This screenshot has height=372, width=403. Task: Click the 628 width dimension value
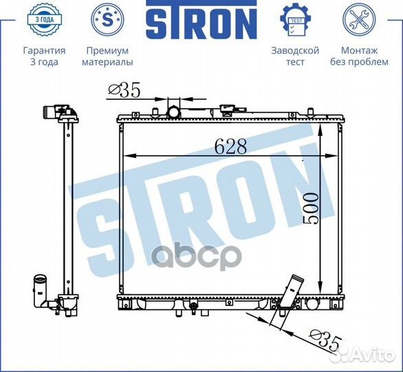coord(230,146)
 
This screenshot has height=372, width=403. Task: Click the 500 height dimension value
coord(310,209)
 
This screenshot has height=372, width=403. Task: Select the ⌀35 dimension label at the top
coord(124,90)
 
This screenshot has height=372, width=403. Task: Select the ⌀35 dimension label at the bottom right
coord(326,340)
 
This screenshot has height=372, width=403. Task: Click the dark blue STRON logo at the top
coord(201,19)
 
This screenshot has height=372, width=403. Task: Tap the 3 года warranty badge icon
coord(44,19)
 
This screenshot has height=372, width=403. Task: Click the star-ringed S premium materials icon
coord(107,19)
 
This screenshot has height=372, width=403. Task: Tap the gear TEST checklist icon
coord(295,19)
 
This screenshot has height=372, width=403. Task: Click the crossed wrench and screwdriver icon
coord(359,19)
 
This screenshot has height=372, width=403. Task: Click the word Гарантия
coord(44,50)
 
